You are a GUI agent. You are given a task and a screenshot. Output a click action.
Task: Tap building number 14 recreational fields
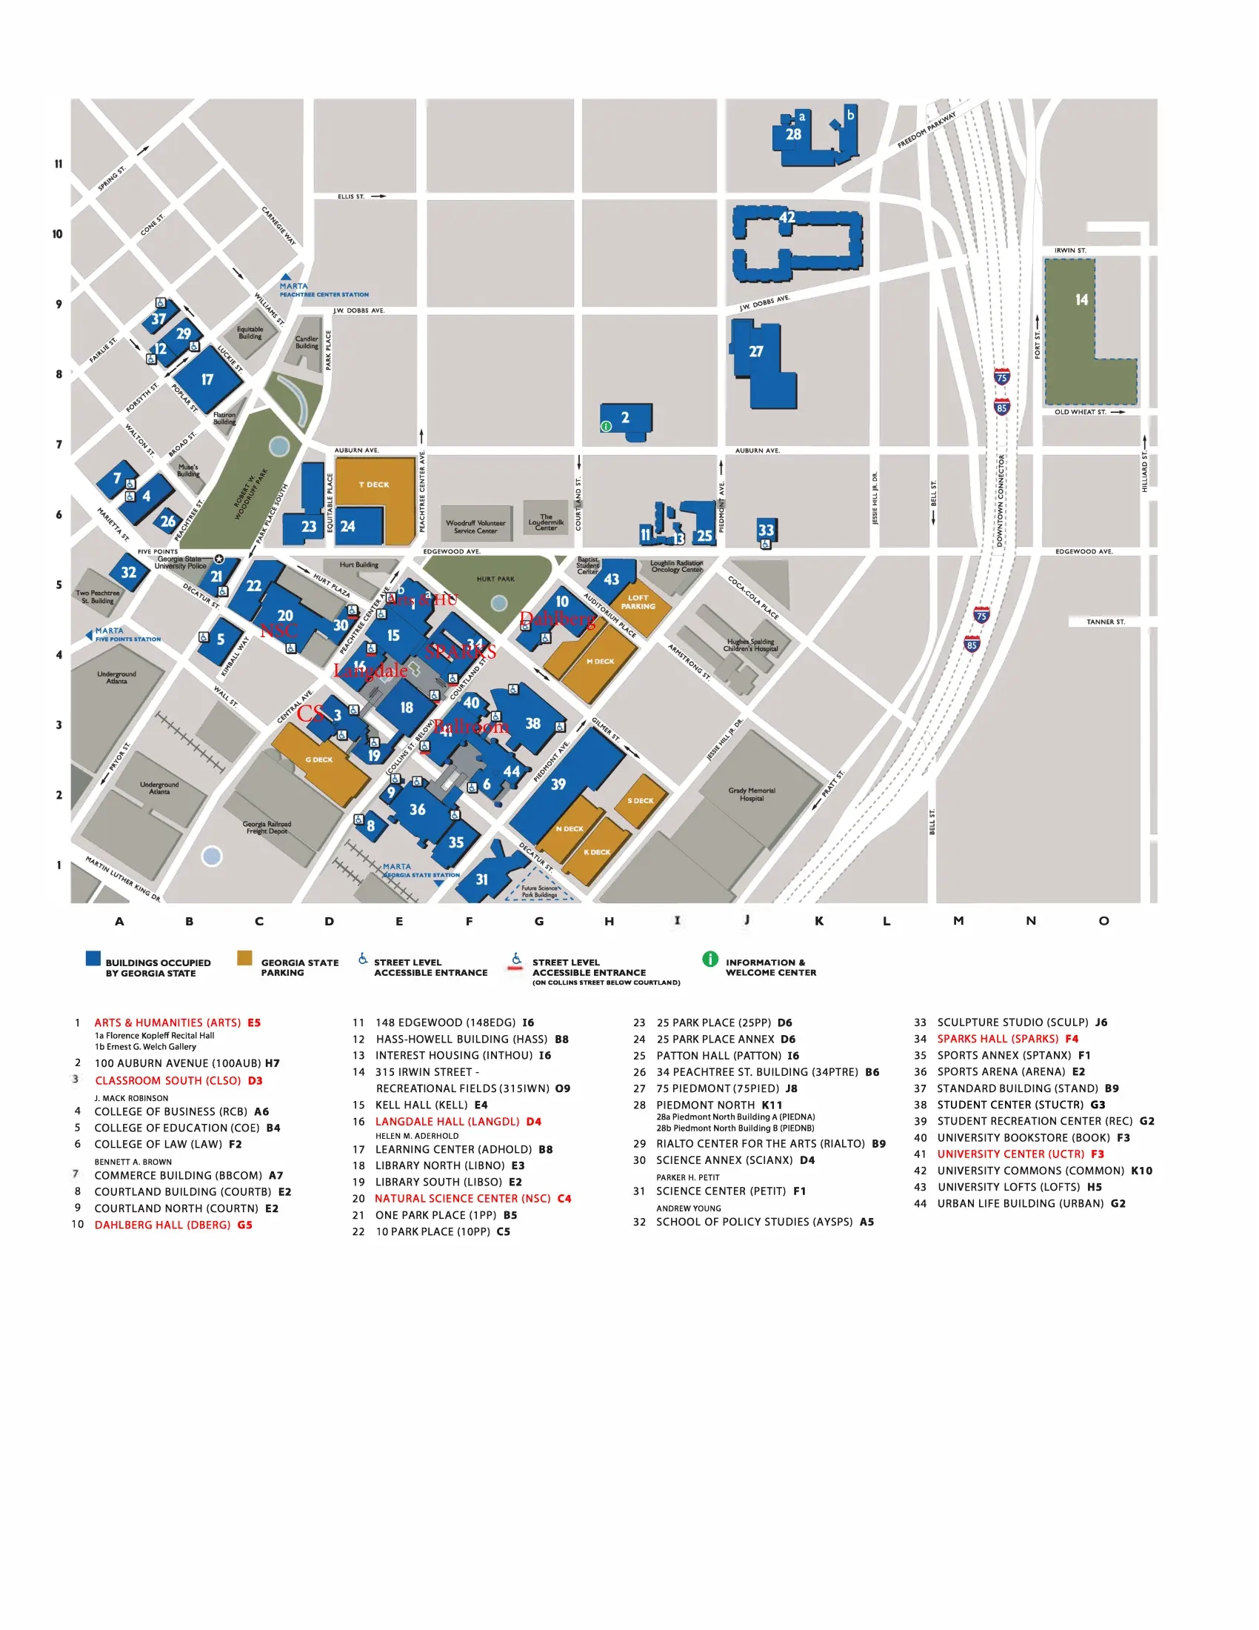click(x=1081, y=300)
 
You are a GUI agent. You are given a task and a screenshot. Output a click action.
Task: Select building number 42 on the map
click(x=788, y=218)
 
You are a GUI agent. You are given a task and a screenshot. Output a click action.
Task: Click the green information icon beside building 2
click(x=607, y=426)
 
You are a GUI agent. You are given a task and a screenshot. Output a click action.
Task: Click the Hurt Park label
click(x=495, y=579)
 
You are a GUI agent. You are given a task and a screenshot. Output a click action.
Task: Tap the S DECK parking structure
click(x=640, y=801)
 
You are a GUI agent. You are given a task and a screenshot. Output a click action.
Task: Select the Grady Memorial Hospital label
click(x=752, y=794)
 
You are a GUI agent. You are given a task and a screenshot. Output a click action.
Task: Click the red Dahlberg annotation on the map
click(x=558, y=619)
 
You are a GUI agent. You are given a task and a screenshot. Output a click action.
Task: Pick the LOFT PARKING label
click(x=638, y=602)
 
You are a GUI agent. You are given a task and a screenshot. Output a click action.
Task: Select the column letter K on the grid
click(x=819, y=921)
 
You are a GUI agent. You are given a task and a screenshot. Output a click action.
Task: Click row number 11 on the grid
click(x=59, y=164)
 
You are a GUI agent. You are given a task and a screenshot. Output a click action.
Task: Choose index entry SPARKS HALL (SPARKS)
click(x=998, y=1039)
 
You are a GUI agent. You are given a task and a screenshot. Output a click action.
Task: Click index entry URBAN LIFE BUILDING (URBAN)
click(x=1021, y=1203)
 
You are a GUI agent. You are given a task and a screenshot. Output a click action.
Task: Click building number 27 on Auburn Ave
click(x=756, y=351)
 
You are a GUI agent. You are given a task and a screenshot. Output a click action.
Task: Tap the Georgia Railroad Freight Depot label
click(x=267, y=828)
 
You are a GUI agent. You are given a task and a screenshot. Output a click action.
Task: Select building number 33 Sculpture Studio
click(x=766, y=530)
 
